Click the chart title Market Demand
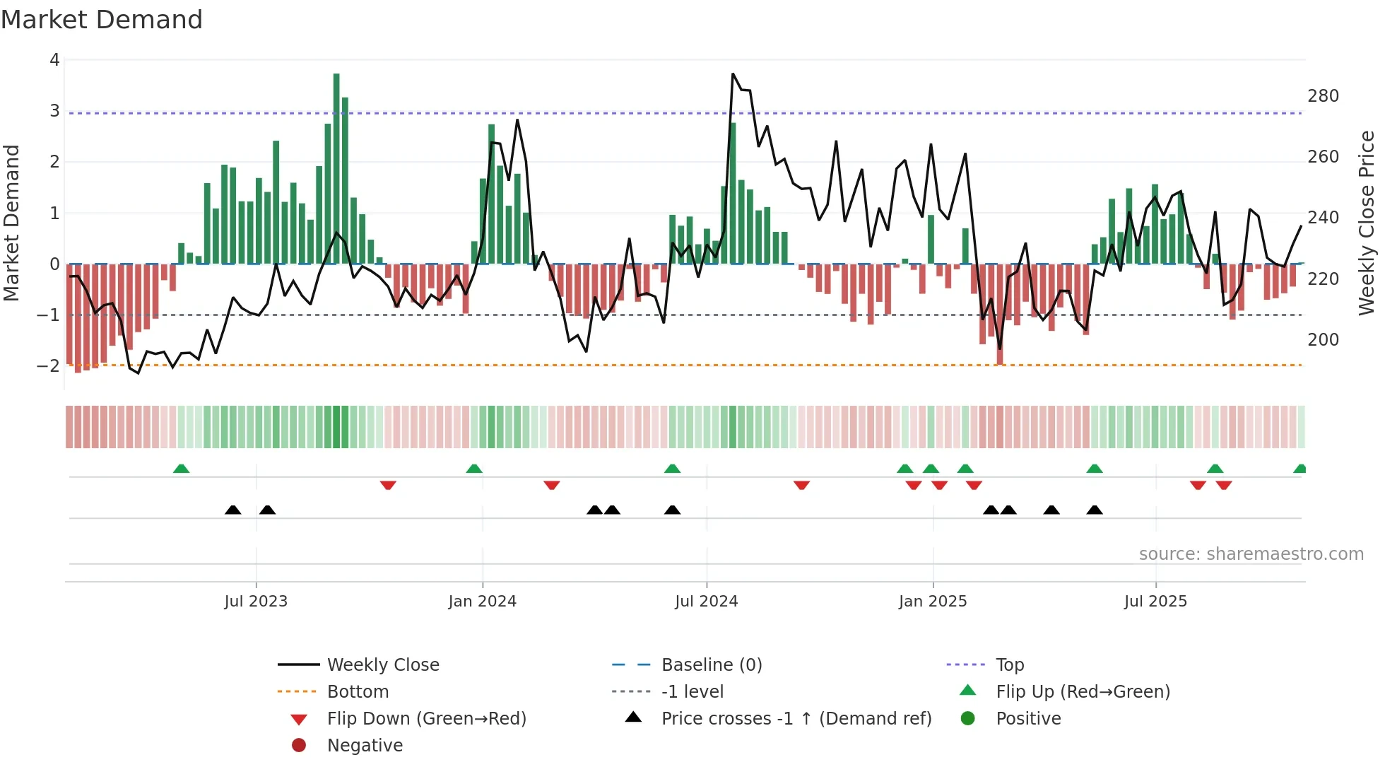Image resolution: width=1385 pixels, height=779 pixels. [x=102, y=20]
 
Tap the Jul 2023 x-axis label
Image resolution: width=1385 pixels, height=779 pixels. [x=256, y=602]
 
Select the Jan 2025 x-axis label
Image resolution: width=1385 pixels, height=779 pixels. [x=933, y=602]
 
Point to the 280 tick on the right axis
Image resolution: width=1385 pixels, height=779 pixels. [x=1323, y=96]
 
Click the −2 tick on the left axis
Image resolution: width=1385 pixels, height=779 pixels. [x=48, y=366]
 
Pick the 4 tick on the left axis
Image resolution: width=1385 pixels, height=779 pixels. [x=54, y=60]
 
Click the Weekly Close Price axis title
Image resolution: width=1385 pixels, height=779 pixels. [x=1367, y=223]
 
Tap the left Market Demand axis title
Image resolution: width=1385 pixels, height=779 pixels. [x=12, y=223]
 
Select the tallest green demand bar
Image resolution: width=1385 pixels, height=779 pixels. [x=336, y=170]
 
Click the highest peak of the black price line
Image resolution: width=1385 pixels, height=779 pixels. [x=733, y=74]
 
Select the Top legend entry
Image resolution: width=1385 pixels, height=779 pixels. [x=1009, y=665]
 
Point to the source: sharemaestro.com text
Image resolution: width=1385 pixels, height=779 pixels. [x=1251, y=554]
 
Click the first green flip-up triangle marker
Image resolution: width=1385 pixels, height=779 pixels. [x=182, y=469]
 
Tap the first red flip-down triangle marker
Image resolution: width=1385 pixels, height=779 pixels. [x=388, y=485]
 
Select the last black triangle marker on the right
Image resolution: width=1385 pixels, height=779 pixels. [x=1095, y=510]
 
